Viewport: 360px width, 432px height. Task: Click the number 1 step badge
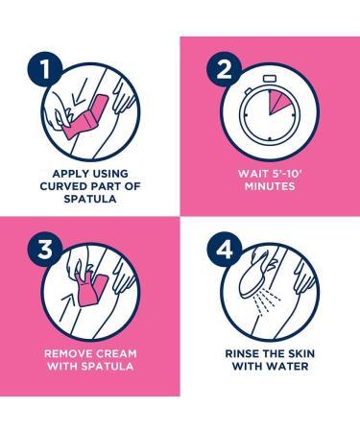(45, 69)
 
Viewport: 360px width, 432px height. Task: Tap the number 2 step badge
(225, 69)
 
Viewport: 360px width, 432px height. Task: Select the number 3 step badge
(45, 250)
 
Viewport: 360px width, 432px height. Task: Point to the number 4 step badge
(225, 250)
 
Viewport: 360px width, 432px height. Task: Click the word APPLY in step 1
(69, 174)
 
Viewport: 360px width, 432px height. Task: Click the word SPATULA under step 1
(90, 199)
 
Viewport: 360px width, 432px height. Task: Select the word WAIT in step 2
(252, 174)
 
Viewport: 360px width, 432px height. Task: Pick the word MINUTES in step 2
(270, 186)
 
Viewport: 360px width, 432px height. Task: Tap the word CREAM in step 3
(116, 354)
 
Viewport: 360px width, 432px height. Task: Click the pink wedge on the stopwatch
(277, 102)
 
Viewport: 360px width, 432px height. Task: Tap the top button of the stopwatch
(269, 79)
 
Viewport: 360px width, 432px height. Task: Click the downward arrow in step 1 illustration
(78, 94)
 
